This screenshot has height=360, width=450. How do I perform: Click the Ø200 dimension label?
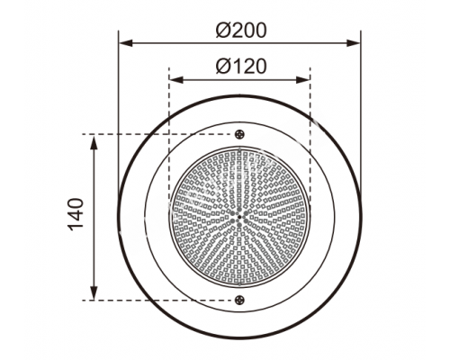241,31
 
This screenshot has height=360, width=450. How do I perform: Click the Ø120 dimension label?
241,67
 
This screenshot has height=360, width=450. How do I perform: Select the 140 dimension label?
75,214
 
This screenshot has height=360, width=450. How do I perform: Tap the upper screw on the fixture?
239,134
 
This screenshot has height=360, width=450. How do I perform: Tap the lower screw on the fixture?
239,300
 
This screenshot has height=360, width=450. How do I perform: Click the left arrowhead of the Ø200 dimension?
125,43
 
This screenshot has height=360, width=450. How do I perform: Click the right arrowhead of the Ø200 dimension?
354,43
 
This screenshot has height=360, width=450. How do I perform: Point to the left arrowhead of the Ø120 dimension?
175,80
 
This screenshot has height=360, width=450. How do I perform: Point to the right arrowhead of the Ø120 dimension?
303,80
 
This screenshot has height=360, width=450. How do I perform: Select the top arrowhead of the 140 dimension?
94,142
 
